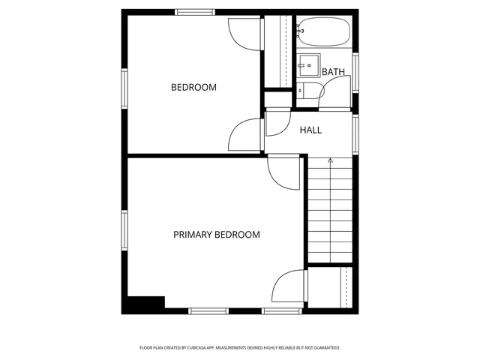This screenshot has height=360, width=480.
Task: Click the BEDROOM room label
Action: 193,88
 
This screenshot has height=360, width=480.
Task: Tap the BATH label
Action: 333,72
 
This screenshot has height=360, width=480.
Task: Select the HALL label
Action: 310,130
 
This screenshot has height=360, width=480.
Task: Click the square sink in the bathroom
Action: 307,64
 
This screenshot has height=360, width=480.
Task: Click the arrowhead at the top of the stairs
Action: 330,160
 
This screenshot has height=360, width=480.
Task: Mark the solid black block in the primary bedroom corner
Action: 145,304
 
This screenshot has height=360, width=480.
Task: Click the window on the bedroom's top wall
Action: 196,12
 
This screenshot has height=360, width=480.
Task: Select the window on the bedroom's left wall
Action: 124,88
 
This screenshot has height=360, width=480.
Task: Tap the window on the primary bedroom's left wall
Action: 124,233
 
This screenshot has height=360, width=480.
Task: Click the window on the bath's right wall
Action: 355,72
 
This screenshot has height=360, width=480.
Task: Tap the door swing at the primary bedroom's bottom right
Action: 289,289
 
